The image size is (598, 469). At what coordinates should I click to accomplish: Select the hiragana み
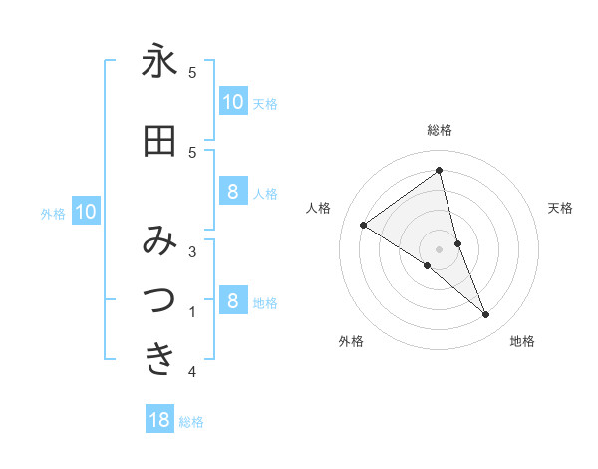(159, 242)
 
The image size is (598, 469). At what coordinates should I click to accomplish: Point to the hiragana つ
(159, 300)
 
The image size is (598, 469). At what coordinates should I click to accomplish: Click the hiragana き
(159, 359)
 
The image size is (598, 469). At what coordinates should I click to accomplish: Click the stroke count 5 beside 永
(192, 72)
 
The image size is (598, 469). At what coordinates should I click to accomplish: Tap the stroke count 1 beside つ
(192, 311)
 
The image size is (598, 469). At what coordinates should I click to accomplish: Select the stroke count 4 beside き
(192, 371)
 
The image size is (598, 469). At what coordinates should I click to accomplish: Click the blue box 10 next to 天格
(232, 102)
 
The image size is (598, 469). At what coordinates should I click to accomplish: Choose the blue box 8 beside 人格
(232, 193)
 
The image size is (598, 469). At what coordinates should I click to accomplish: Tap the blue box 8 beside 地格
(232, 301)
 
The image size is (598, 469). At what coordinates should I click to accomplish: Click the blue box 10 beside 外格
(86, 212)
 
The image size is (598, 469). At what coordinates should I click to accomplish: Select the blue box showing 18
(159, 420)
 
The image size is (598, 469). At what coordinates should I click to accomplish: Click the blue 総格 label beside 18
(191, 422)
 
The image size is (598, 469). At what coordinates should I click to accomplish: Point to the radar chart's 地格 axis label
(522, 341)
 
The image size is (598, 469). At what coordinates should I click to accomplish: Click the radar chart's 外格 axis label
(351, 341)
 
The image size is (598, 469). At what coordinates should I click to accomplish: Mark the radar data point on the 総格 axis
(439, 171)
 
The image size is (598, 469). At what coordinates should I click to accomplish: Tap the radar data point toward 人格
(363, 225)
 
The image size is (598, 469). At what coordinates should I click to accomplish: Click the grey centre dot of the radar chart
(439, 249)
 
